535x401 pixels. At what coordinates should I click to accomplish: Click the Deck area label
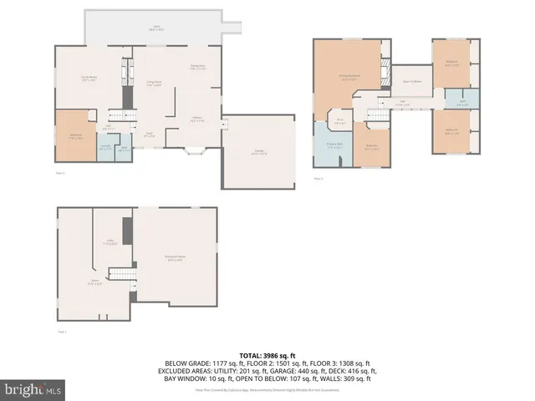pyautogui.click(x=156, y=28)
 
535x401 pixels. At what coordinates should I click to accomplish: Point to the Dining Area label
pyautogui.click(x=198, y=68)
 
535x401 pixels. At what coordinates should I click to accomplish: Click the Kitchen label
pyautogui.click(x=197, y=119)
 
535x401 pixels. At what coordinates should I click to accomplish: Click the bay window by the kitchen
pyautogui.click(x=194, y=152)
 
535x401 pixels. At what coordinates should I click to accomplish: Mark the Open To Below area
pyautogui.click(x=411, y=81)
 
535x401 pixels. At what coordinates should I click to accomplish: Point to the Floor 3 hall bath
pyautogui.click(x=462, y=103)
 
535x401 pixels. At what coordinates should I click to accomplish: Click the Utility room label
pyautogui.click(x=110, y=242)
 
